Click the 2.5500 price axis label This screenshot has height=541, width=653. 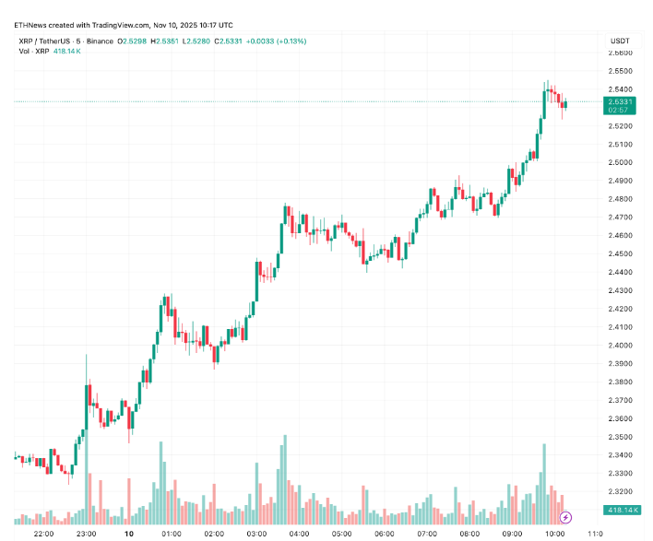(620, 71)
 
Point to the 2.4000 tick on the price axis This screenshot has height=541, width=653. (620, 346)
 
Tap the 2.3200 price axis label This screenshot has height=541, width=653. (620, 492)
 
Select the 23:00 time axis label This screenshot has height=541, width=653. (87, 534)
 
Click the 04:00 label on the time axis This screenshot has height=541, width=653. (299, 534)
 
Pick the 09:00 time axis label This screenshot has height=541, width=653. (512, 534)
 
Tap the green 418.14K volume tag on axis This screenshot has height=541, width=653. (620, 510)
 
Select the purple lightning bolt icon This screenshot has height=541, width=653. (566, 518)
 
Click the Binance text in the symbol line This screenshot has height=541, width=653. (96, 41)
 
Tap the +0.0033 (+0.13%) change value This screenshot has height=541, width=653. (275, 41)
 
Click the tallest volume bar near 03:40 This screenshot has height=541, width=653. (285, 479)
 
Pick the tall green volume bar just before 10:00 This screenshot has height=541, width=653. (544, 479)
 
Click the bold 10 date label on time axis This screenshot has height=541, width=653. (129, 534)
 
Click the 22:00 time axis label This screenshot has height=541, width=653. (43, 534)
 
